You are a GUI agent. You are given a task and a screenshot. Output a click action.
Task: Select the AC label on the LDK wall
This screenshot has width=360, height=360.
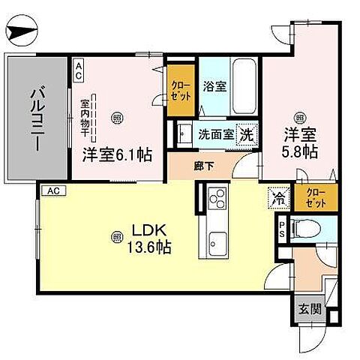(52, 191)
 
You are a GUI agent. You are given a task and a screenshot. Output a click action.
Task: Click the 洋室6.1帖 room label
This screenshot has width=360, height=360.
(117, 155)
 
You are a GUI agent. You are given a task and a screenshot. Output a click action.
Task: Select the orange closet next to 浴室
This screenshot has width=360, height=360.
(179, 96)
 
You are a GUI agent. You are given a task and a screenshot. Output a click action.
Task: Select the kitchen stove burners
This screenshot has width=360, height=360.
(216, 199)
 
